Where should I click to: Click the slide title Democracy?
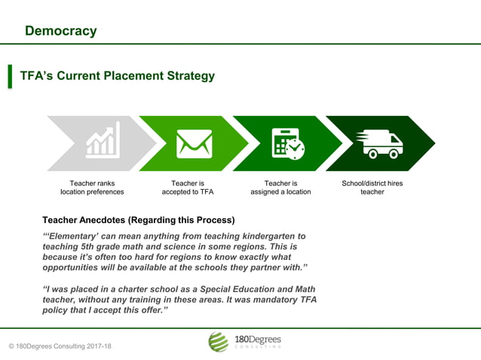[60, 31]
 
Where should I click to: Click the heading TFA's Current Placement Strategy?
[117, 76]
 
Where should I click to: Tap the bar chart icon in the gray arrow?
[103, 142]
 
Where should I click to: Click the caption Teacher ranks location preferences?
[92, 188]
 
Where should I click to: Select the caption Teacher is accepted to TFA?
[188, 188]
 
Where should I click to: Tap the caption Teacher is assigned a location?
[280, 188]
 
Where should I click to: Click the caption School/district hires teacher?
[372, 188]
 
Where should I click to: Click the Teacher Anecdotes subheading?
[138, 220]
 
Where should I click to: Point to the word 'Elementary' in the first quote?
[76, 236]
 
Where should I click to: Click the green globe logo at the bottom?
[218, 342]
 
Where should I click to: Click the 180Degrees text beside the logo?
[257, 339]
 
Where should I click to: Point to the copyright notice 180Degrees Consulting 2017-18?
[60, 346]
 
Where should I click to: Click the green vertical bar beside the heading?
[11, 76]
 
